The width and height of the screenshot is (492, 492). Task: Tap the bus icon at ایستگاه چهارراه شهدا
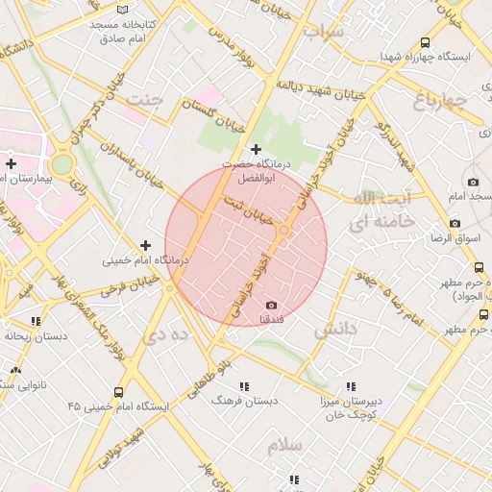click(x=425, y=43)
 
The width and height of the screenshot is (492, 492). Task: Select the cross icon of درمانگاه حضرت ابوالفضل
click(x=256, y=150)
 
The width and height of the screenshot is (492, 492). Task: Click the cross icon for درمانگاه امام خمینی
click(x=145, y=246)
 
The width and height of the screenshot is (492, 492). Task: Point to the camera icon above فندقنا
click(x=271, y=305)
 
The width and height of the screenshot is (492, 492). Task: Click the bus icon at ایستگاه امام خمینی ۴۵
click(x=118, y=392)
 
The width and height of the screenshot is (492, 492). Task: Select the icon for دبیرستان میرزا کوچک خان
click(x=351, y=386)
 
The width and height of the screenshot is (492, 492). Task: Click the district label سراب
click(x=323, y=32)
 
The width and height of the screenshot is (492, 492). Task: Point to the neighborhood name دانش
click(x=335, y=330)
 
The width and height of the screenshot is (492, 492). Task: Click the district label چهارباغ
click(x=441, y=100)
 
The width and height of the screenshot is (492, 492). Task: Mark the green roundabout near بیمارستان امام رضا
click(x=61, y=164)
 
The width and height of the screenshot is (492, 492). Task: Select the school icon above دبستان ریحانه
click(x=36, y=321)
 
